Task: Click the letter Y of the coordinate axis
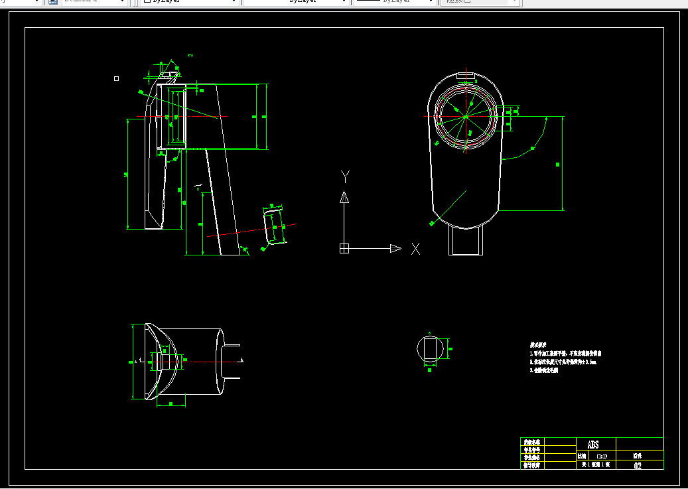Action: coord(344,176)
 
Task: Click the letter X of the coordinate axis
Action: coord(416,248)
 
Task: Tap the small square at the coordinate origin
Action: coord(344,248)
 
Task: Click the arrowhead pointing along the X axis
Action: coord(395,248)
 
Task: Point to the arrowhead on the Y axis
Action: coord(344,196)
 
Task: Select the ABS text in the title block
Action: coord(592,445)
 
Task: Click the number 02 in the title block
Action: coord(638,466)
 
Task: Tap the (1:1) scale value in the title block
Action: coord(602,456)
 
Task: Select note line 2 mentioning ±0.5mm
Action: coord(563,362)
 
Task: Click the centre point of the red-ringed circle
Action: coord(466,117)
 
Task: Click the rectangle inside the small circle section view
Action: coord(430,349)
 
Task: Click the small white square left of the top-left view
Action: coord(117,78)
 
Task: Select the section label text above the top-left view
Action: coord(190,55)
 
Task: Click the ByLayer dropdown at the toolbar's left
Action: coord(189,2)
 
